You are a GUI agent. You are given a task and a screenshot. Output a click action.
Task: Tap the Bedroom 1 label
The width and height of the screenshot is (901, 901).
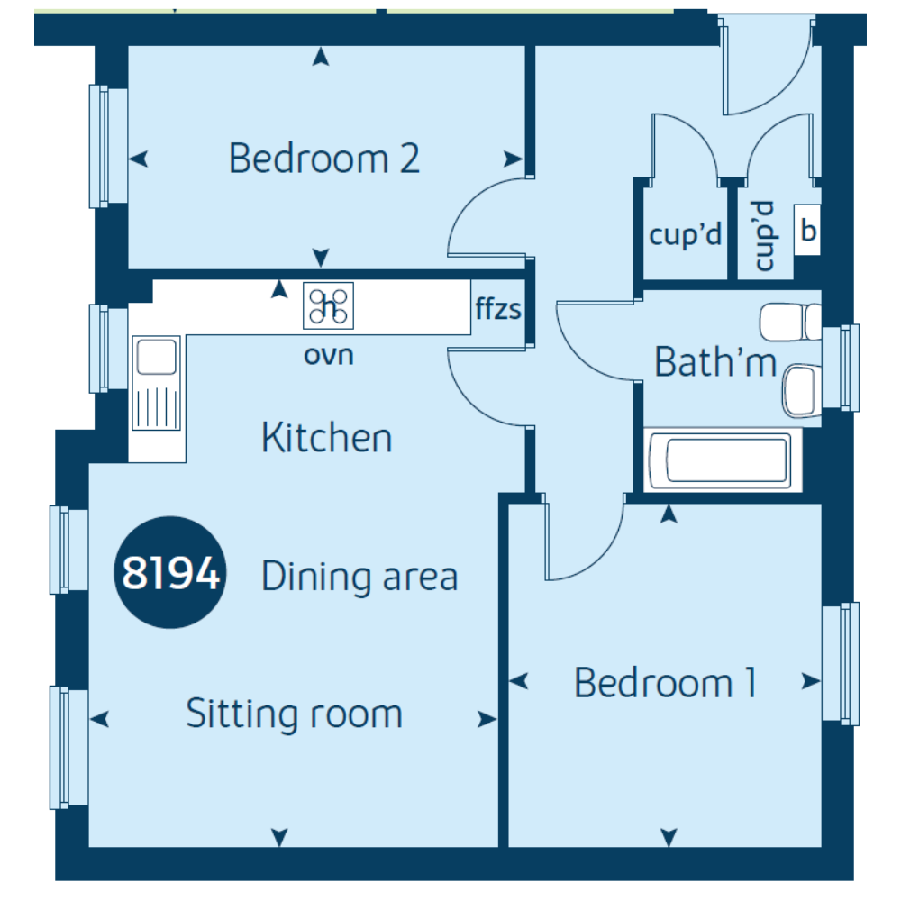(666, 683)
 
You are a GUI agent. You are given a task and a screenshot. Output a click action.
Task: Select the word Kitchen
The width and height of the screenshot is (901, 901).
(326, 437)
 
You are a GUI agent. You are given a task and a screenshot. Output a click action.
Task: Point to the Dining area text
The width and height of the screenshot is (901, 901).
(359, 577)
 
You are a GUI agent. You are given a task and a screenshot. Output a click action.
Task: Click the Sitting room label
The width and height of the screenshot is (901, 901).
(295, 714)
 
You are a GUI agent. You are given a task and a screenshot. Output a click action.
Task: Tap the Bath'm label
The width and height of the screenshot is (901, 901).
(715, 362)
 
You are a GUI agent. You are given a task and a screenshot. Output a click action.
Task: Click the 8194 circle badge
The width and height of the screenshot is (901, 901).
(170, 572)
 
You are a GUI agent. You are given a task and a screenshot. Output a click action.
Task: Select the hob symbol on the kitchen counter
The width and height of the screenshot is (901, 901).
(328, 305)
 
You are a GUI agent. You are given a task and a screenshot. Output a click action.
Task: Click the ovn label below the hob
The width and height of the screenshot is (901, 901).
(328, 355)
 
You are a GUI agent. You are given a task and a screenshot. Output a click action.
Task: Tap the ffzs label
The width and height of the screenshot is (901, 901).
(498, 308)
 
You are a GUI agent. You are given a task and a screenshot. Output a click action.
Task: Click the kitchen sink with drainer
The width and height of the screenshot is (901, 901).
(156, 383)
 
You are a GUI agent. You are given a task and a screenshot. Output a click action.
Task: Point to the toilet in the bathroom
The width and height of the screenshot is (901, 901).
(791, 323)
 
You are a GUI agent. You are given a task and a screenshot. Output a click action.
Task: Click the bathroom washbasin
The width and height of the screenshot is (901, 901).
(802, 390)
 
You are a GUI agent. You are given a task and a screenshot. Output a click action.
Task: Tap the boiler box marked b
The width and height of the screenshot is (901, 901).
(807, 230)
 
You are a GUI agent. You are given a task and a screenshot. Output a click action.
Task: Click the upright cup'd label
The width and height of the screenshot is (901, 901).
(685, 234)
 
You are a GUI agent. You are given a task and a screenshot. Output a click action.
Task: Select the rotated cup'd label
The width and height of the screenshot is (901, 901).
(765, 235)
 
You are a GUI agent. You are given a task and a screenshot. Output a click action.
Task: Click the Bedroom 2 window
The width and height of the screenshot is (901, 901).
(107, 147)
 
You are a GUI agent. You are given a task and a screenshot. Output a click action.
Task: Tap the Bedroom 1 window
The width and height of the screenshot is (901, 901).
(841, 664)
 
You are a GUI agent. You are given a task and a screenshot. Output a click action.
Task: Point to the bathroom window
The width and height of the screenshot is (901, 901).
(841, 368)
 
